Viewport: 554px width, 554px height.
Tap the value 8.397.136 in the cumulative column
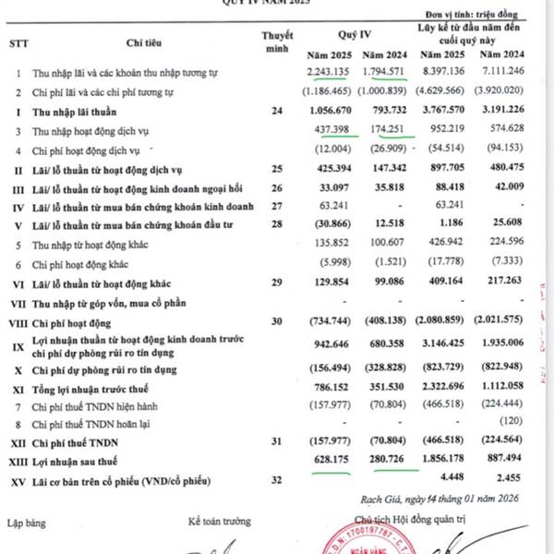coord(440,72)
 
